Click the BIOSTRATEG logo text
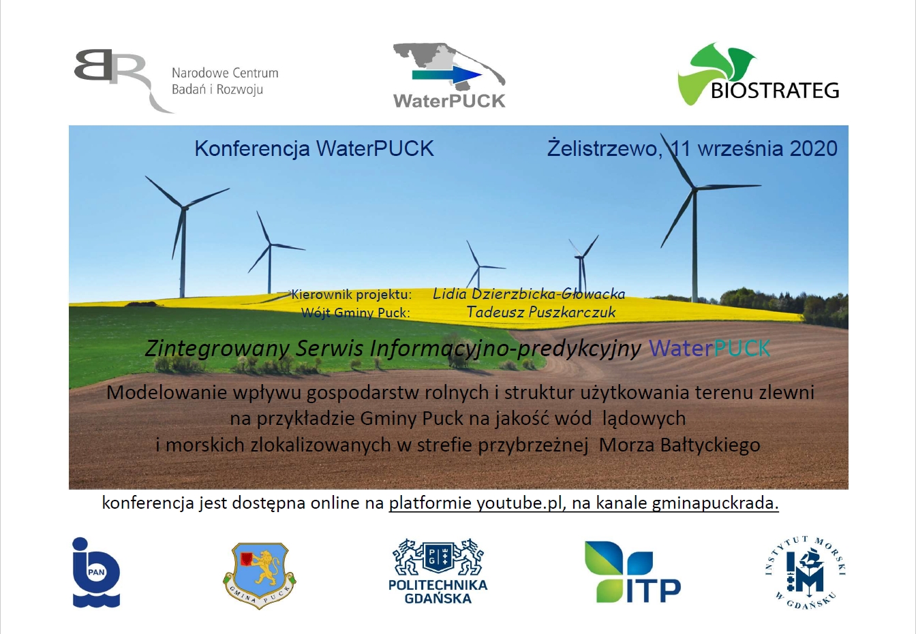(775, 91)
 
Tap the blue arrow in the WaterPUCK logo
(447, 75)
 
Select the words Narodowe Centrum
(225, 73)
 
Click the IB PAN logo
(96, 572)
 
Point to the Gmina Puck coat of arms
(260, 575)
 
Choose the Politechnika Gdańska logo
(438, 571)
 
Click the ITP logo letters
(654, 590)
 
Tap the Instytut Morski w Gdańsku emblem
(805, 573)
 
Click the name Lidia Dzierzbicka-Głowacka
(529, 294)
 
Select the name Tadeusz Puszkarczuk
(541, 312)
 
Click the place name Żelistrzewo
(605, 148)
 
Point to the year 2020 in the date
(813, 148)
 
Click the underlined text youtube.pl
(519, 503)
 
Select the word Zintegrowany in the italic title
(217, 349)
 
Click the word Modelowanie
(166, 392)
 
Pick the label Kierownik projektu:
(351, 295)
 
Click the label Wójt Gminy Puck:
(355, 313)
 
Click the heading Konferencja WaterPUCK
(314, 148)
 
